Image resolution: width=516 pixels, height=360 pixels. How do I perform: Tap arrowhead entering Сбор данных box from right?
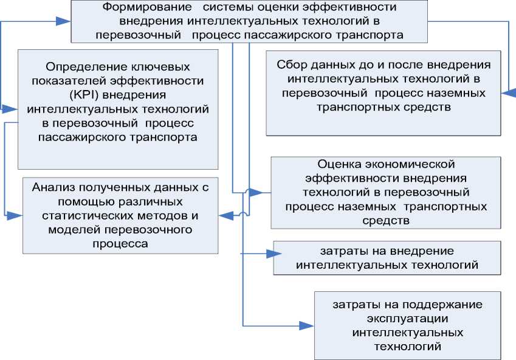[x=508, y=92]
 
